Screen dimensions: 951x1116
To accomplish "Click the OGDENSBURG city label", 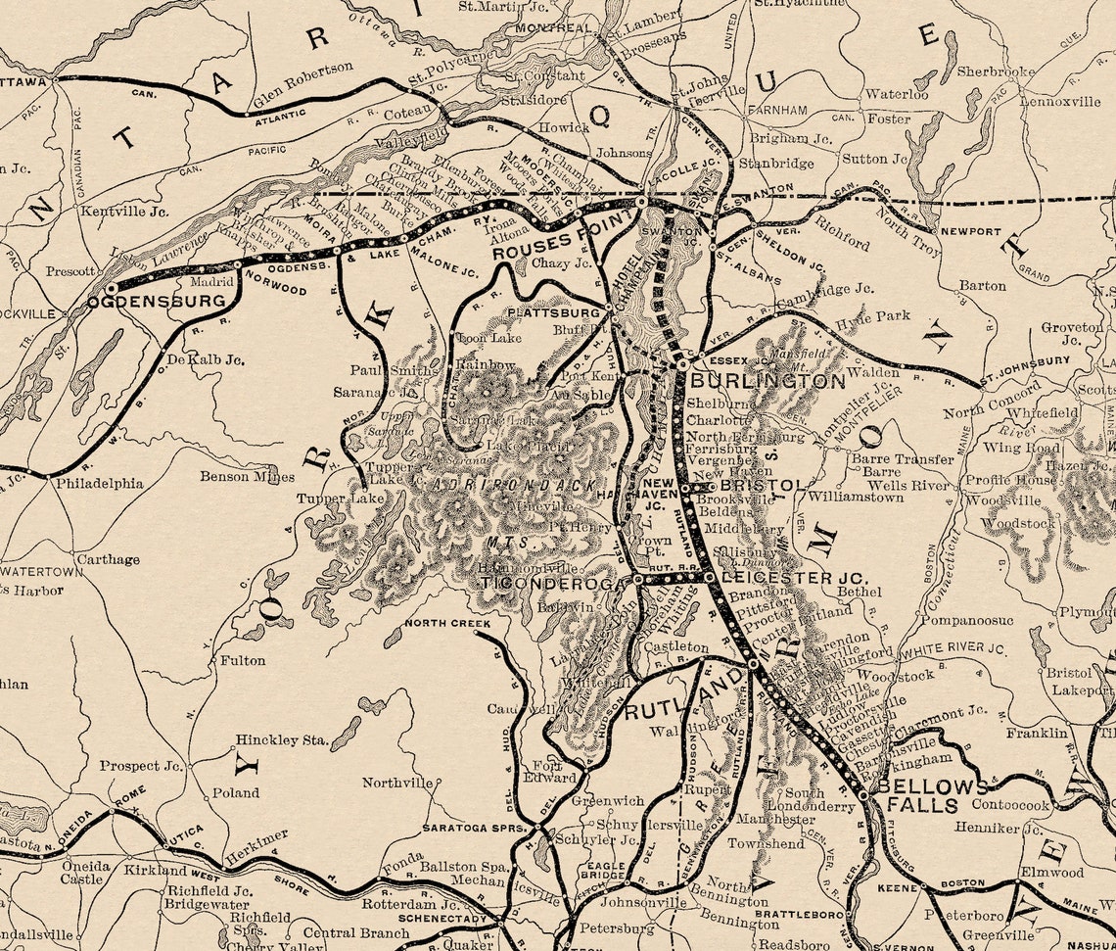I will (157, 302).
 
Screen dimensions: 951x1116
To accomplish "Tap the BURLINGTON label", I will (767, 381).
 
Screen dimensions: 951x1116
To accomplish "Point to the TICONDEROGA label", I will (552, 584).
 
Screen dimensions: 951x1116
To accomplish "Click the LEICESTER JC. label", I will (793, 579).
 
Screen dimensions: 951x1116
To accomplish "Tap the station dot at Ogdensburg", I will (111, 289).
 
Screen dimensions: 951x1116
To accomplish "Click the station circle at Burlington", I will (682, 365).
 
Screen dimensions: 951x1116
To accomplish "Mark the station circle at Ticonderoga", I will (638, 580).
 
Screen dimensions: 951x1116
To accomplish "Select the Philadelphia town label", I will (99, 484).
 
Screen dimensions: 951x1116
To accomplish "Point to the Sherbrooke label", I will (996, 71).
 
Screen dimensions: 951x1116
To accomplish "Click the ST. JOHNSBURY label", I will (1027, 361).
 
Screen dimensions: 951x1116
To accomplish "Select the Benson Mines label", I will (247, 477).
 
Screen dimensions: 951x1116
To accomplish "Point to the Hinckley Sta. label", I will (281, 740).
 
